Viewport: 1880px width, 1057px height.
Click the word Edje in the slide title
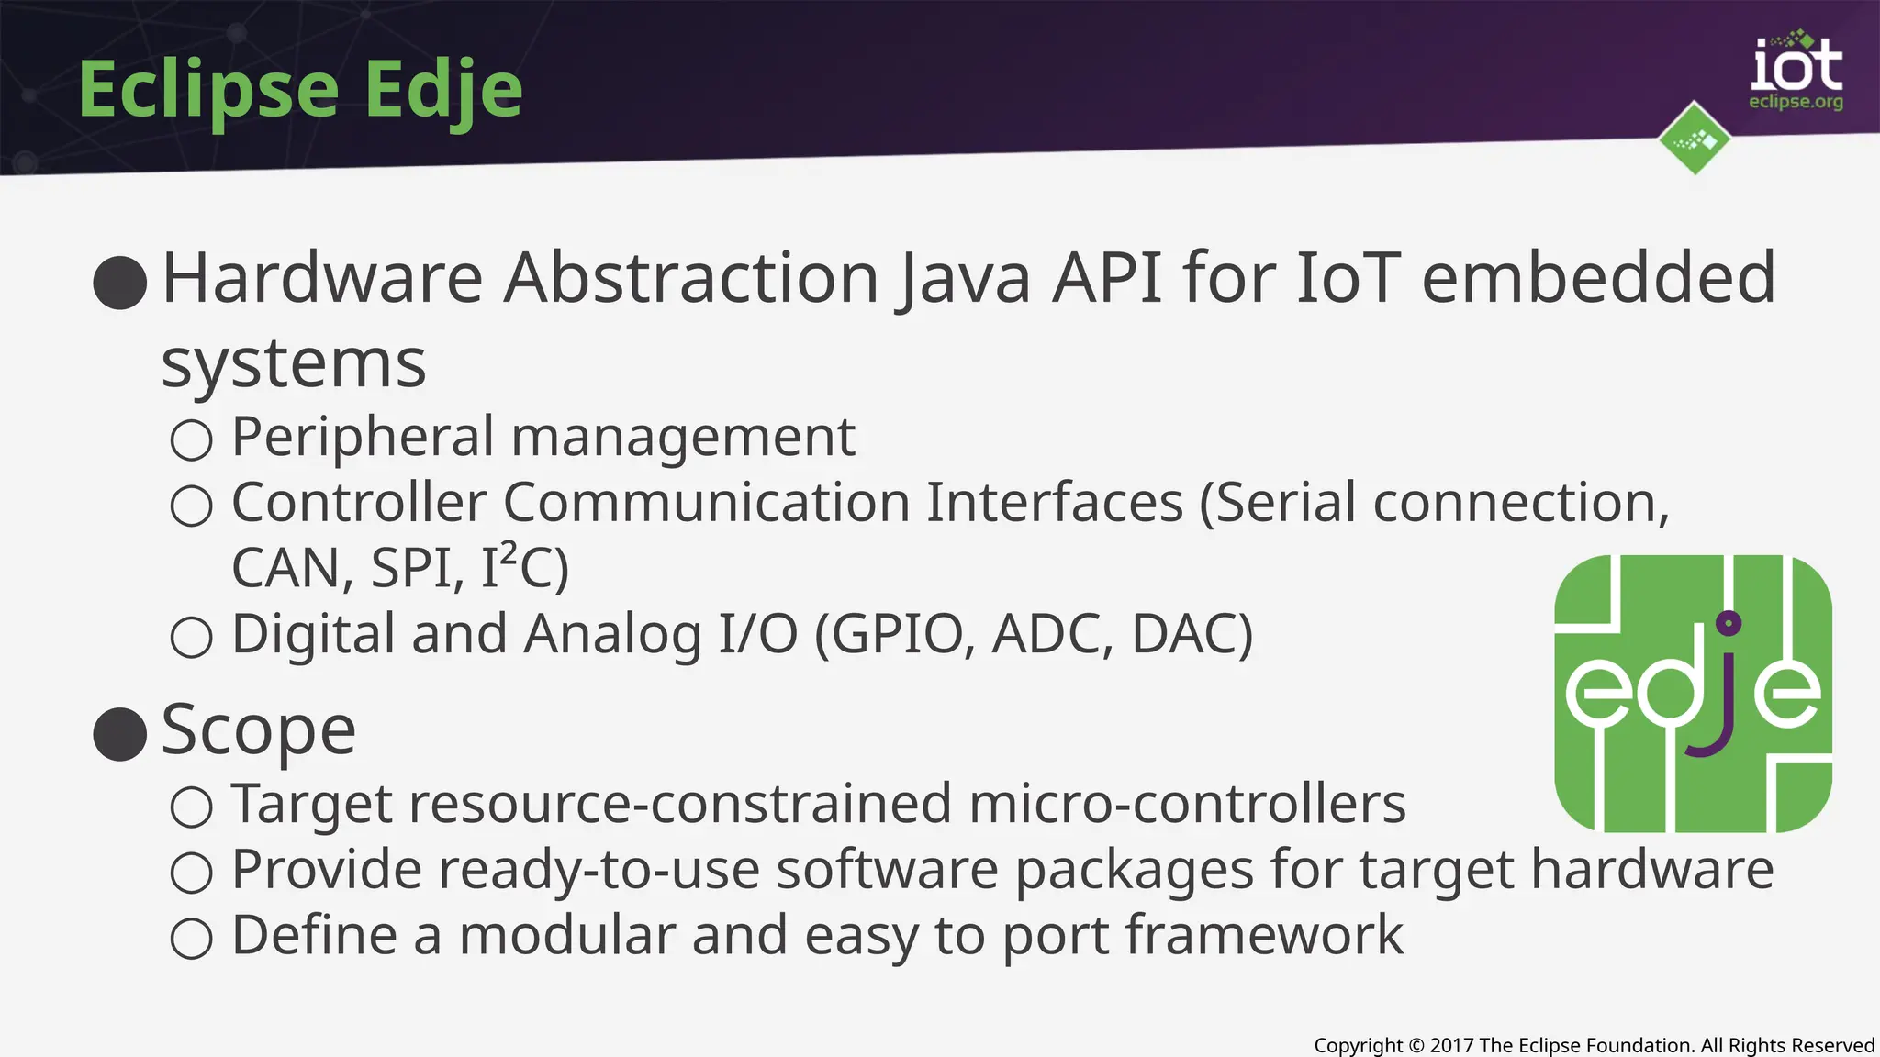[443, 90]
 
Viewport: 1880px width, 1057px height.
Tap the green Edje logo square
[1693, 694]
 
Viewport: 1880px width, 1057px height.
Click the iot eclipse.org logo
[1796, 73]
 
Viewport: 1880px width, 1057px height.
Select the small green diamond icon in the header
[1695, 139]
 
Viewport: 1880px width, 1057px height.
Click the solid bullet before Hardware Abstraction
[120, 282]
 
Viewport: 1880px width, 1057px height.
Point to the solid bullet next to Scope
[120, 734]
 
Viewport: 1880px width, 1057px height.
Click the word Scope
[259, 731]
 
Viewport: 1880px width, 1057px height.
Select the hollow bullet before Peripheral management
[192, 439]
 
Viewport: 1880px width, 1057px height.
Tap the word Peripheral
[363, 437]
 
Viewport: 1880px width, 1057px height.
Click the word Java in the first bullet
[964, 278]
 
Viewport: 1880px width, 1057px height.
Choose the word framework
[1264, 935]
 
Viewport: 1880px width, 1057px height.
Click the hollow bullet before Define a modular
[192, 938]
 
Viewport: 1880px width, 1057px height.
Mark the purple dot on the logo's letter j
[1729, 624]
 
